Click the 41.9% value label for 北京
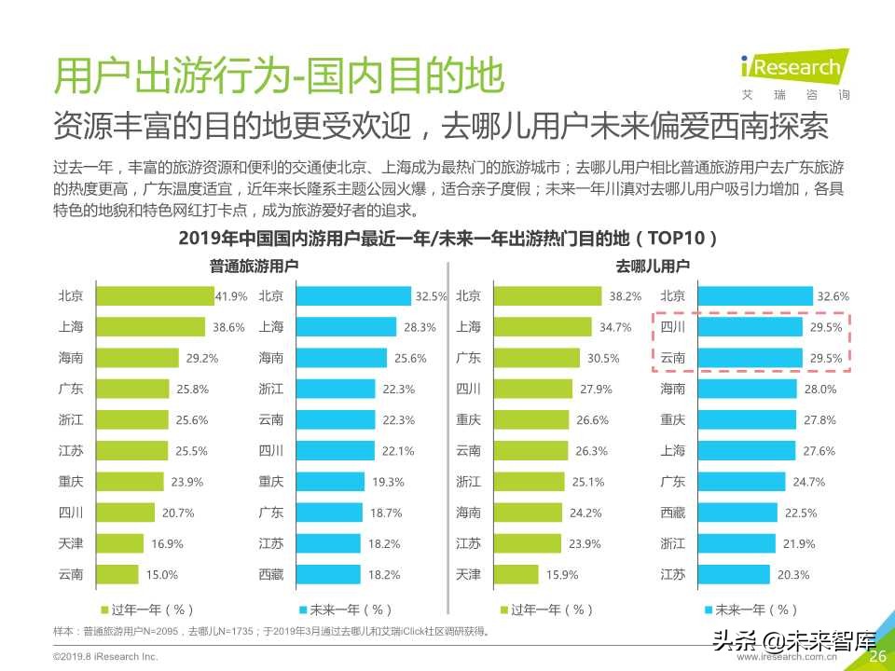pos(231,296)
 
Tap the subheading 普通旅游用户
pos(254,267)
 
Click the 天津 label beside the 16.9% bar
pos(71,543)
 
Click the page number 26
pos(877,657)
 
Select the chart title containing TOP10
pos(447,239)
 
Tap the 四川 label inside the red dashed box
pos(673,327)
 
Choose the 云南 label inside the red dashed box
pos(673,358)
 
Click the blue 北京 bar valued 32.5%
pos(353,296)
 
